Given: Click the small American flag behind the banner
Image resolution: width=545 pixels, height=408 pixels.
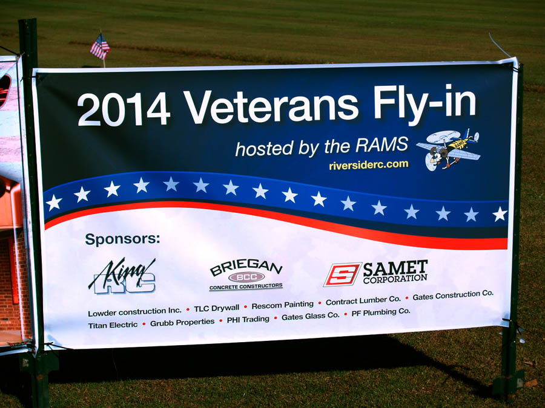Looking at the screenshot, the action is [x=100, y=47].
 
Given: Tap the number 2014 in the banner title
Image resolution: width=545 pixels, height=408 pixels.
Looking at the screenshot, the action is [x=124, y=109].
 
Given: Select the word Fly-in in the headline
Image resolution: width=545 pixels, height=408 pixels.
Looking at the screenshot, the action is [x=424, y=103].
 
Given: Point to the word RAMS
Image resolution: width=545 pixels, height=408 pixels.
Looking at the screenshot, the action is [x=382, y=144].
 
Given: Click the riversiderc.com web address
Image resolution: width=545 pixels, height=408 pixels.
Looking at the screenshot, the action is [x=369, y=165].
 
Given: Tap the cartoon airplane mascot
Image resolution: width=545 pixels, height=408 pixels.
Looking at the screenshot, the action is [x=449, y=149].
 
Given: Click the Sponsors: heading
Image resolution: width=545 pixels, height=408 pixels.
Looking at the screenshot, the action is [x=123, y=239].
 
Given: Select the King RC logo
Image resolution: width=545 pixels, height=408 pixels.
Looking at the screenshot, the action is [x=122, y=276].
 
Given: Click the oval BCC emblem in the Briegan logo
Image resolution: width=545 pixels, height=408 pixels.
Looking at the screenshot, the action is [x=246, y=277].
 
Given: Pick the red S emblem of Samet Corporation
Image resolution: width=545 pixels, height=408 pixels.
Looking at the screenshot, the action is [x=343, y=274].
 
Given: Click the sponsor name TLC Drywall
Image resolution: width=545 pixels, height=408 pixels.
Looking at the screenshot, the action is [x=217, y=308].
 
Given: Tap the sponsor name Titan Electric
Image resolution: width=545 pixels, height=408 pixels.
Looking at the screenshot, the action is [x=113, y=325].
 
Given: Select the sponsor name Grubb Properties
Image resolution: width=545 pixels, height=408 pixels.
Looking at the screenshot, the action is [x=182, y=322].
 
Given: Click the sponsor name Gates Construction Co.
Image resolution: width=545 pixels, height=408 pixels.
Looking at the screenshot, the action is [x=453, y=295].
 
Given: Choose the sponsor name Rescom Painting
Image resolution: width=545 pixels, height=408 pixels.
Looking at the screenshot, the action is [x=283, y=305].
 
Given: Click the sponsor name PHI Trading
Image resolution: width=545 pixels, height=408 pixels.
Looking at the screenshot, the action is [x=248, y=319].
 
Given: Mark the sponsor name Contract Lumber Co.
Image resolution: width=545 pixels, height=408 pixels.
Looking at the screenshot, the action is [x=363, y=300].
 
